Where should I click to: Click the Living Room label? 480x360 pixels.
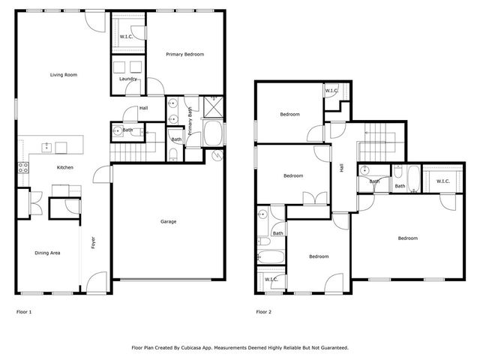[64, 75]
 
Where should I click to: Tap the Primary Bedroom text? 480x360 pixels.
[184, 54]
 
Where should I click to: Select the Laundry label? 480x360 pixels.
[127, 79]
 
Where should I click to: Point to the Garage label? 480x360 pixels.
[169, 221]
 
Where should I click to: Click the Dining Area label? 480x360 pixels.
[47, 253]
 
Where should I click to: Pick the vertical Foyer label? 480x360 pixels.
[93, 244]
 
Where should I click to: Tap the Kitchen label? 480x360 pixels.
[65, 167]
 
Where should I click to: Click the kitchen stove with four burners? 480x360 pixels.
[22, 167]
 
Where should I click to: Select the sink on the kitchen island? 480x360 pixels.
[47, 145]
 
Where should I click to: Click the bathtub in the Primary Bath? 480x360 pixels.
[212, 135]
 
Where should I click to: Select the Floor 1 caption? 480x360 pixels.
[24, 311]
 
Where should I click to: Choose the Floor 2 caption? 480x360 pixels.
[263, 311]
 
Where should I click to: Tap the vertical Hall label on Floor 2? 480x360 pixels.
[341, 169]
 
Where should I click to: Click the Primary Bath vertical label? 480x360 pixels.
[190, 121]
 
